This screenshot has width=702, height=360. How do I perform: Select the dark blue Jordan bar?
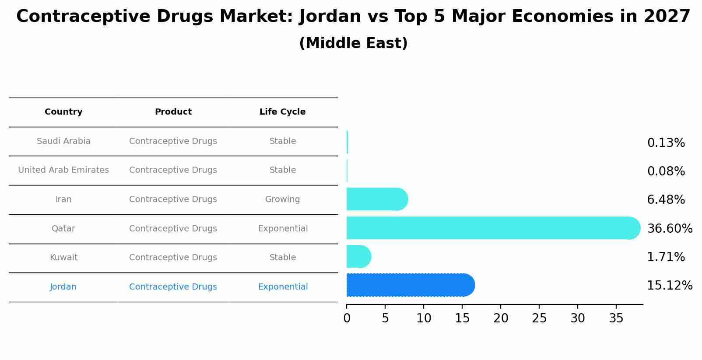coord(409,285)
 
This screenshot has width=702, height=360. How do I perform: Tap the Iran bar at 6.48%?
coord(376,199)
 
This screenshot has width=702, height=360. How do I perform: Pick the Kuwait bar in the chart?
coord(358,257)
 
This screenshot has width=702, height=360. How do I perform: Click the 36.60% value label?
coord(669,229)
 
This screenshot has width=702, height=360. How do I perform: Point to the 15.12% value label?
coord(669,286)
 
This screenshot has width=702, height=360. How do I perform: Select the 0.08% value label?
coord(666,171)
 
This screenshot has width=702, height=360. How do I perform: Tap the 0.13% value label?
coord(666,143)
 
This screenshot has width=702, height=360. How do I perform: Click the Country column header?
coord(63,112)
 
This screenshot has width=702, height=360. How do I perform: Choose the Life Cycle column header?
coord(282,112)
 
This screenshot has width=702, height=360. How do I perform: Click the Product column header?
coord(173,112)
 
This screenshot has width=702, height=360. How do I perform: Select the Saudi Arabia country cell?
coord(63,141)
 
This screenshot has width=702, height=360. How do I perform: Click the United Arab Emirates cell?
coord(63,170)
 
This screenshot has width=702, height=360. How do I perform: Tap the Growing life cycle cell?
coord(282,199)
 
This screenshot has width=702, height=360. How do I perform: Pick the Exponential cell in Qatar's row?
coord(283,229)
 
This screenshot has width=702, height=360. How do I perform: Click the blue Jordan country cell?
coord(63,287)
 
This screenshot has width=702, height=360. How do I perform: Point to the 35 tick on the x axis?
coord(616,318)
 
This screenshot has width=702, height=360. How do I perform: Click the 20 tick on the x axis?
coord(500,318)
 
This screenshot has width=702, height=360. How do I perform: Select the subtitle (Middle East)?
coord(353,43)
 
